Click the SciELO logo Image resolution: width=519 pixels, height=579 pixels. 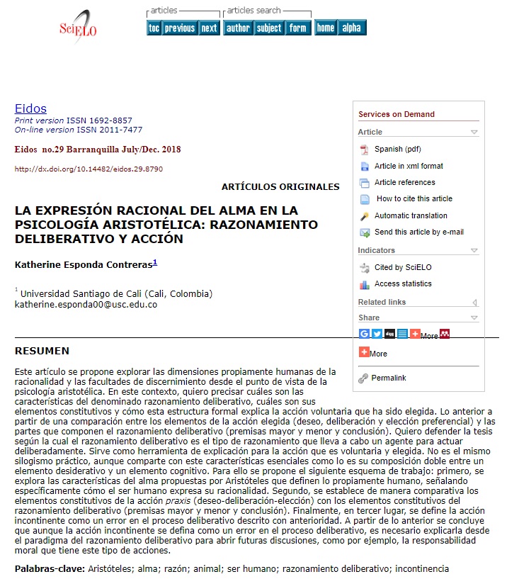78,27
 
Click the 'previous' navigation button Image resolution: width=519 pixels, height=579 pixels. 179,28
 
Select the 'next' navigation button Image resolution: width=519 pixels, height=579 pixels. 209,28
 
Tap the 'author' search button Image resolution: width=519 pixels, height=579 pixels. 238,28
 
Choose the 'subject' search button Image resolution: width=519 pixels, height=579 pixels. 269,28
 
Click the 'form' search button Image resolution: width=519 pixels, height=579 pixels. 298,28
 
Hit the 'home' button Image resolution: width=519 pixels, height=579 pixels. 326,28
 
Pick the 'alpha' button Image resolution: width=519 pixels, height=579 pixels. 351,28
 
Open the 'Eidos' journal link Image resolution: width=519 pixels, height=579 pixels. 30,108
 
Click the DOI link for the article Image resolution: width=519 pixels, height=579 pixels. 89,169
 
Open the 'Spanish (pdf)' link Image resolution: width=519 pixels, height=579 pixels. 397,149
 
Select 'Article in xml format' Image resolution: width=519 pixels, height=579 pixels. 409,166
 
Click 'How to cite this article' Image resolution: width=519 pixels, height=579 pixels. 414,198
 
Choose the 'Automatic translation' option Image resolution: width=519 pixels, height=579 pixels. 411,215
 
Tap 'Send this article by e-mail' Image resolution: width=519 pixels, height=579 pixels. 419,232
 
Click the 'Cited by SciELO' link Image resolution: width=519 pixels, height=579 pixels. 403,267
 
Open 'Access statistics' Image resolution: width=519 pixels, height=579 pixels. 403,283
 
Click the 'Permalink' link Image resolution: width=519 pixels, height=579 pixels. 388,378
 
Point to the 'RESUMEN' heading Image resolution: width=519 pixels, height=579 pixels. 42,351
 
